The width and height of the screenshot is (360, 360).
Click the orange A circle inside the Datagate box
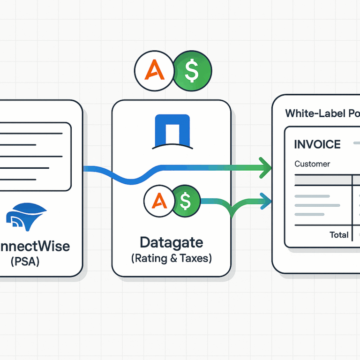pos(160,202)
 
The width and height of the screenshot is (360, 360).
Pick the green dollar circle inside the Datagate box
pos(186,202)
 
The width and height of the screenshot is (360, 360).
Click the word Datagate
pos(171,242)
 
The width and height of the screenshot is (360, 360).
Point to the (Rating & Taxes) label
pos(171,258)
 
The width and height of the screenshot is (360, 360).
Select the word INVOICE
pos(317,144)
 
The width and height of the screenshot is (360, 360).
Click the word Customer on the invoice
pos(312,164)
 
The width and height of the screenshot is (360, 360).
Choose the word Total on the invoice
pos(339,235)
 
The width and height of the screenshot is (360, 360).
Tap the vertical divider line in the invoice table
pos(352,206)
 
